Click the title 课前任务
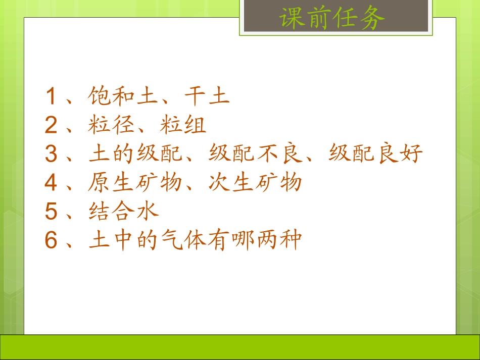point(332,19)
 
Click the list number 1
point(51,96)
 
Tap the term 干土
point(207,96)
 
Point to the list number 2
point(51,126)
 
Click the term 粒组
point(183,126)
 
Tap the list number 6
point(51,240)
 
